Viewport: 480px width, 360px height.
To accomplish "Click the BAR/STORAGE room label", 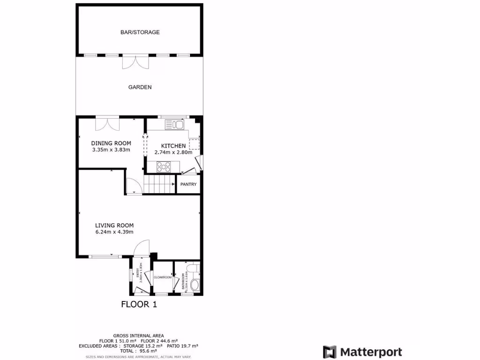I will (140, 32).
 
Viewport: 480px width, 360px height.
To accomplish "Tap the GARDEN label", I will (140, 87).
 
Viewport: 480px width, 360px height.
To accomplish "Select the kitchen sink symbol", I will (175, 124).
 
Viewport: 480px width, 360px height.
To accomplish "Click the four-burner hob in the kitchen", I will (165, 166).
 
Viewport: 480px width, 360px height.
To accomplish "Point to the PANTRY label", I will (188, 184).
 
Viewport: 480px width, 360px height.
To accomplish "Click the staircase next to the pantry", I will (158, 184).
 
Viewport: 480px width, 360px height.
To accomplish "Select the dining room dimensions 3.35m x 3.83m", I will (111, 150).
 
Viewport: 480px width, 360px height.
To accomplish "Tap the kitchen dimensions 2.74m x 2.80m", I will (173, 152).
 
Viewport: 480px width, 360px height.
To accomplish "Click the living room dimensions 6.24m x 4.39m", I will (114, 232).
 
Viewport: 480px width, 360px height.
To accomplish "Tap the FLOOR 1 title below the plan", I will (139, 304).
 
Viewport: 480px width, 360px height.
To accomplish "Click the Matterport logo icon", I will (330, 352).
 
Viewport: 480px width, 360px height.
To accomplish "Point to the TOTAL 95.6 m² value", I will (138, 350).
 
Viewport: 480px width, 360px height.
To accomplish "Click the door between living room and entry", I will (141, 249).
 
